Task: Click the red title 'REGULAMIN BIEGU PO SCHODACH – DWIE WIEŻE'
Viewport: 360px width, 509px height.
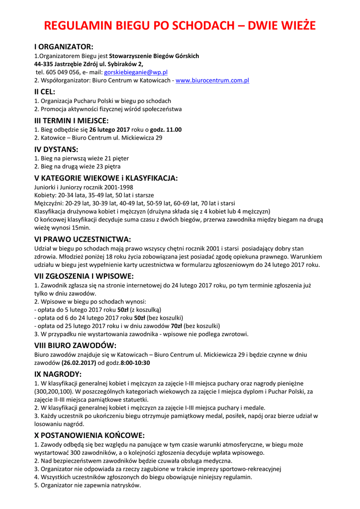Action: pos(180,26)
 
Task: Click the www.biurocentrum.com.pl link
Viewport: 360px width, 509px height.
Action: pos(212,80)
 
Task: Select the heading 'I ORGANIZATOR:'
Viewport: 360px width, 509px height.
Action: pos(64,47)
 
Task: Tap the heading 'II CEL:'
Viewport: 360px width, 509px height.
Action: pos(45,91)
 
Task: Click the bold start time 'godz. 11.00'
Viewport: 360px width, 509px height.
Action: pos(166,130)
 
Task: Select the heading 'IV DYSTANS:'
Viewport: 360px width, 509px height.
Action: pos(56,149)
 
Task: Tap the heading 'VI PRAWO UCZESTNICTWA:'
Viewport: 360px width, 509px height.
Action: pos(83,239)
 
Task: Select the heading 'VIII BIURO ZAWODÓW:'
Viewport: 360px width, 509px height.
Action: pos(76,345)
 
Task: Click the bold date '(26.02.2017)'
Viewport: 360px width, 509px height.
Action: pos(79,363)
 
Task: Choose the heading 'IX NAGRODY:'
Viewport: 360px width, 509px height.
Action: pos(58,374)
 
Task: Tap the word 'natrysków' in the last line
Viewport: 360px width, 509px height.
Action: pos(126,485)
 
